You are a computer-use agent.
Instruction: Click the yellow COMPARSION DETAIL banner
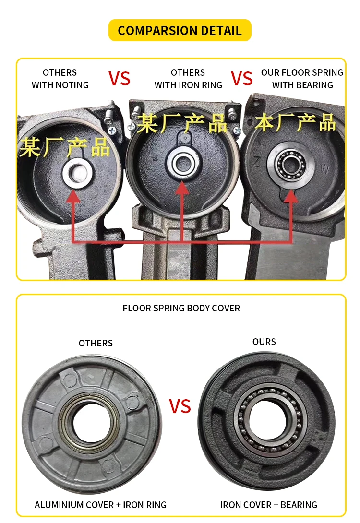point(180,31)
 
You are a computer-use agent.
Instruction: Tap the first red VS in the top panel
point(119,79)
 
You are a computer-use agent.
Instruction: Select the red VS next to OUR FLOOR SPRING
point(242,79)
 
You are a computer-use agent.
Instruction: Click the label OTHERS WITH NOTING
point(60,79)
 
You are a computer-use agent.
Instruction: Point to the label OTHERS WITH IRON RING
point(188,79)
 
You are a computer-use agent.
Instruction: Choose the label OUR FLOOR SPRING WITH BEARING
point(302,79)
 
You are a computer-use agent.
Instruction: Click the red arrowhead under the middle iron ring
point(182,188)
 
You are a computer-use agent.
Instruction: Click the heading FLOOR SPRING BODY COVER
point(181,308)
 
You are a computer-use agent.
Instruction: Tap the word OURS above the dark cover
point(264,342)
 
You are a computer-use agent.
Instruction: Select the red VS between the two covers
point(180,407)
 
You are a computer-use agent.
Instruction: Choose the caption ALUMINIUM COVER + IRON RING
point(100,505)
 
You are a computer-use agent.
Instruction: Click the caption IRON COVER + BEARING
point(268,505)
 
